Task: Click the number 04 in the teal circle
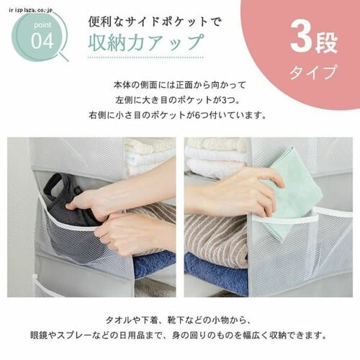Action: [42, 42]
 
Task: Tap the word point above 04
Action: [42, 25]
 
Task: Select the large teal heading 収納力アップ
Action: [147, 42]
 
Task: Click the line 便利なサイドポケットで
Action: [154, 22]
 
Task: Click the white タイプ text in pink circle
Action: [313, 72]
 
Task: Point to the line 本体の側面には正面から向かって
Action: [180, 85]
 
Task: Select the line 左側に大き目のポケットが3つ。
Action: [177, 100]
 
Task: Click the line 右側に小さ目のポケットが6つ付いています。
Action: [177, 115]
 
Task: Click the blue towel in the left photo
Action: [154, 264]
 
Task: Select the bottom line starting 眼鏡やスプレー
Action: [179, 336]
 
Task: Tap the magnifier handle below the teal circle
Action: [63, 57]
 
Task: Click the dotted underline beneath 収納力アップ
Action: [146, 58]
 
